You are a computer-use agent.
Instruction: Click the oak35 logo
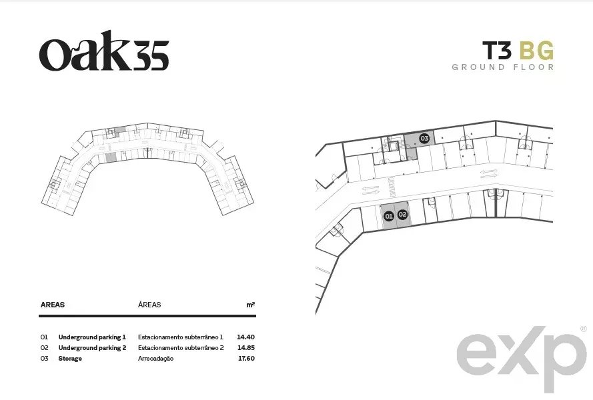[x=104, y=51]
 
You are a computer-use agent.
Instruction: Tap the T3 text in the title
[x=496, y=51]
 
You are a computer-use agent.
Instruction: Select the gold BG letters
[x=536, y=51]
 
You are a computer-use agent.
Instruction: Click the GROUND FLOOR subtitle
[x=503, y=67]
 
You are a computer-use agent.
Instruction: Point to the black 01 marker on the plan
[x=389, y=216]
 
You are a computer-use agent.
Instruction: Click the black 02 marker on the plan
[x=403, y=215]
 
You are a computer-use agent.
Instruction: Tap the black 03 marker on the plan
[x=424, y=139]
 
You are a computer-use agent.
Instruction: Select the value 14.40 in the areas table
[x=246, y=337]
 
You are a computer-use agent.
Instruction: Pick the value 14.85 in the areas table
[x=246, y=347]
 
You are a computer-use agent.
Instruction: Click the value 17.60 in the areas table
[x=246, y=358]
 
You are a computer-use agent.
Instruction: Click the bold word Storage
[x=70, y=359]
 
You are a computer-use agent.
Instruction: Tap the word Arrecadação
[x=156, y=359]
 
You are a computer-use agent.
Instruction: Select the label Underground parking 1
[x=92, y=337]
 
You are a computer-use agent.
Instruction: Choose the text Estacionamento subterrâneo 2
[x=181, y=347]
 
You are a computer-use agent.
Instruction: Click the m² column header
[x=251, y=305]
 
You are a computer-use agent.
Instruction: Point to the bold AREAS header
[x=53, y=305]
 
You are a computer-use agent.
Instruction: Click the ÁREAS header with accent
[x=149, y=305]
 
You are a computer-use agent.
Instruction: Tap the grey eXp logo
[x=522, y=357]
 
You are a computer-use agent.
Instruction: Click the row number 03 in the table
[x=44, y=359]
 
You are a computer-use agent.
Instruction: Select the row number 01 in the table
[x=44, y=337]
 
